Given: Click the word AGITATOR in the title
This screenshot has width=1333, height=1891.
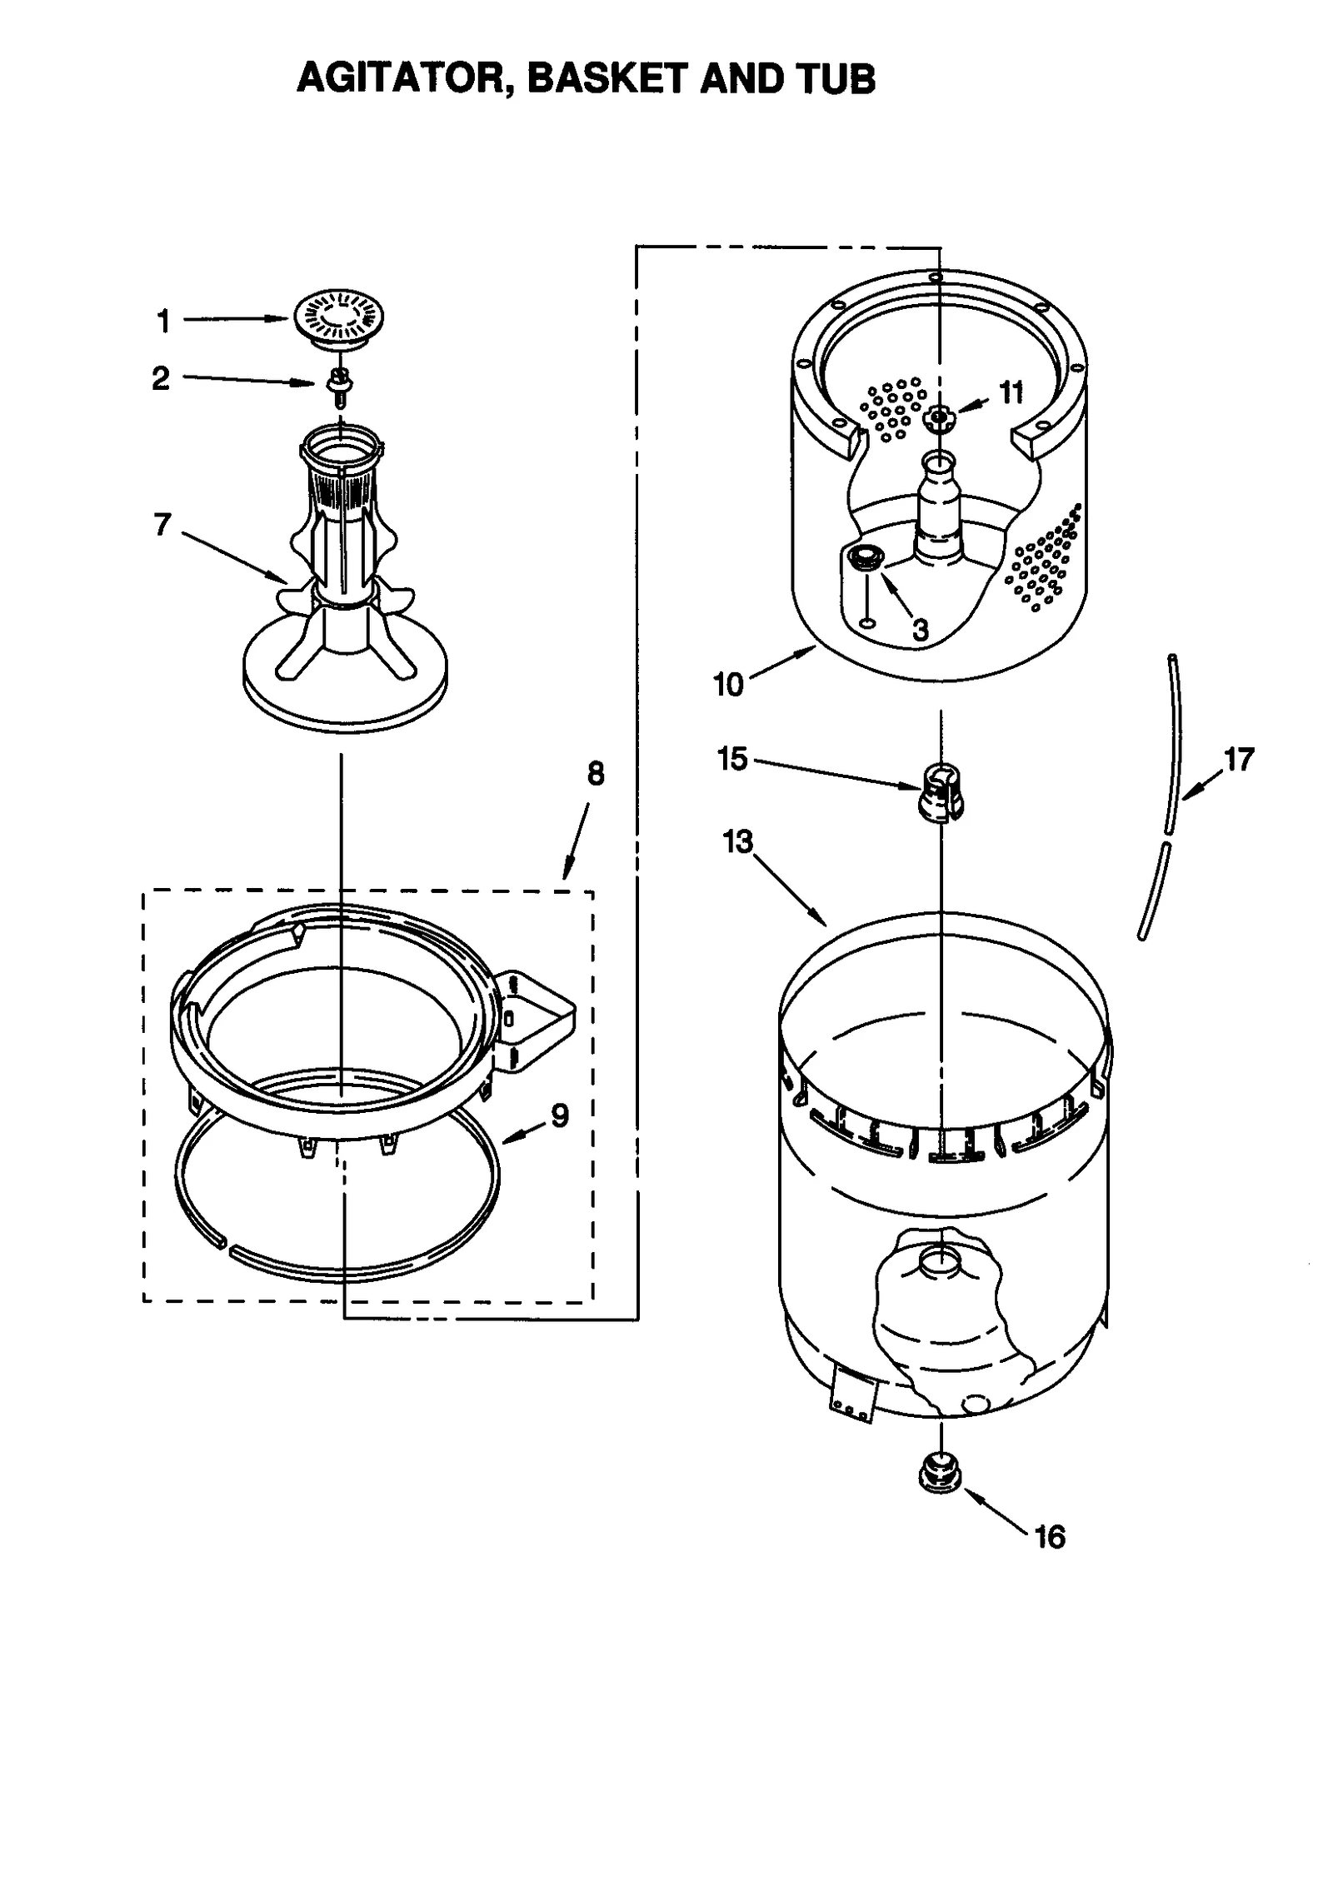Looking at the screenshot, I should [x=399, y=79].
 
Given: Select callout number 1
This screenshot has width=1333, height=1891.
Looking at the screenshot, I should [x=163, y=321].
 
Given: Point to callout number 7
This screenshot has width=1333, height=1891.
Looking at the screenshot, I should [x=162, y=525].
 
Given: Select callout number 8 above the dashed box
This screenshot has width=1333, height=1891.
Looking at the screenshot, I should [x=595, y=774].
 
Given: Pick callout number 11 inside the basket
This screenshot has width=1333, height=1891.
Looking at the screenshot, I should [x=1011, y=392].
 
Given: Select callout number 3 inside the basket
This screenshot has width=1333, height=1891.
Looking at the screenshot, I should [x=920, y=629].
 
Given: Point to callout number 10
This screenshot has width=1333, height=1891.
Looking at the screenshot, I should [x=728, y=685].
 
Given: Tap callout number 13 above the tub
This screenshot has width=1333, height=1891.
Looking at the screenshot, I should [x=738, y=842].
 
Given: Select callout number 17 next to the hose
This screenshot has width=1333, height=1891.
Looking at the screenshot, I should [x=1239, y=759].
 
